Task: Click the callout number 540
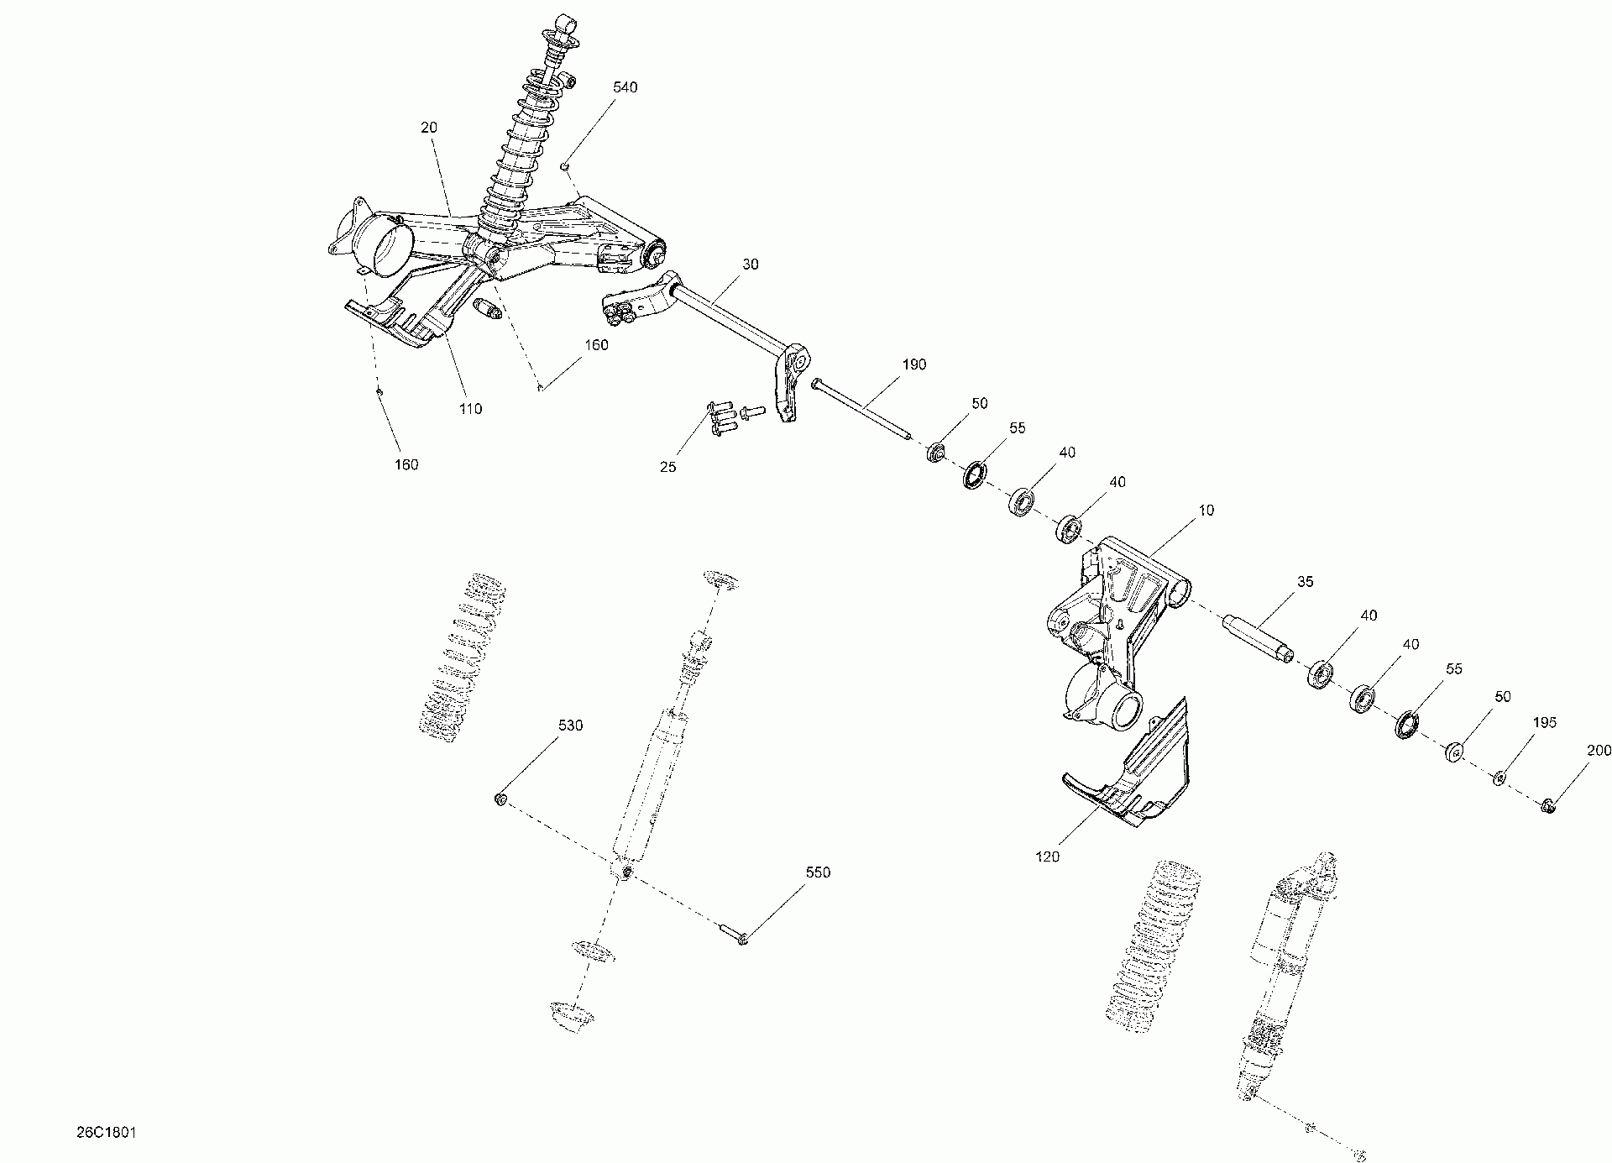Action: (625, 87)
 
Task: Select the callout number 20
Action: (429, 128)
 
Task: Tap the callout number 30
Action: (750, 265)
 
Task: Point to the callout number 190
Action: (913, 364)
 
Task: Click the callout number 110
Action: (470, 409)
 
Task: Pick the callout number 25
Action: (667, 467)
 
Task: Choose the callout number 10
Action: (1206, 510)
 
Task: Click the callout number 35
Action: (1305, 581)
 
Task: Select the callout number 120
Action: (1048, 857)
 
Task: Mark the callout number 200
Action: (1599, 752)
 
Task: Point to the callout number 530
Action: (570, 726)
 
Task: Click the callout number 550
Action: (818, 872)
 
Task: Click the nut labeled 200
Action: (1549, 807)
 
